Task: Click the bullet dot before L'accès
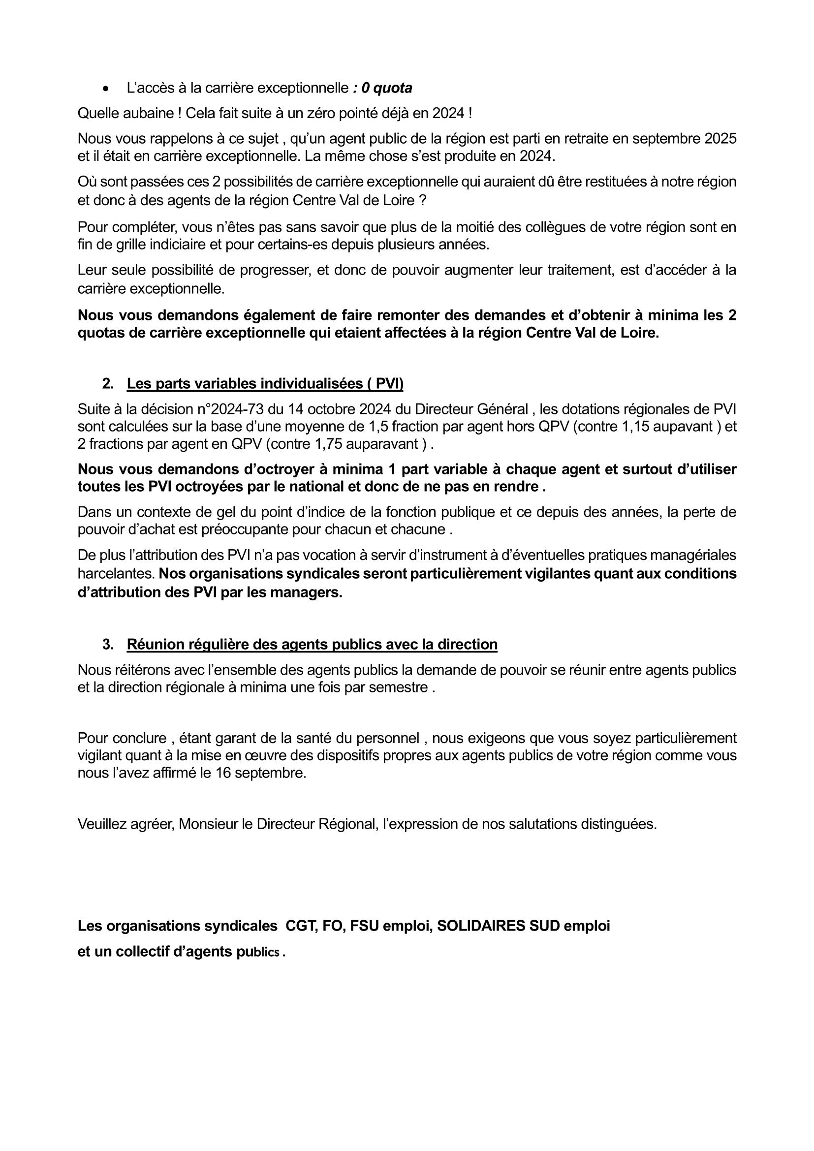pos(105,89)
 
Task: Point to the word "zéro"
pos(324,113)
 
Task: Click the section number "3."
pos(107,644)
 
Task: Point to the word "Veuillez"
pos(102,824)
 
